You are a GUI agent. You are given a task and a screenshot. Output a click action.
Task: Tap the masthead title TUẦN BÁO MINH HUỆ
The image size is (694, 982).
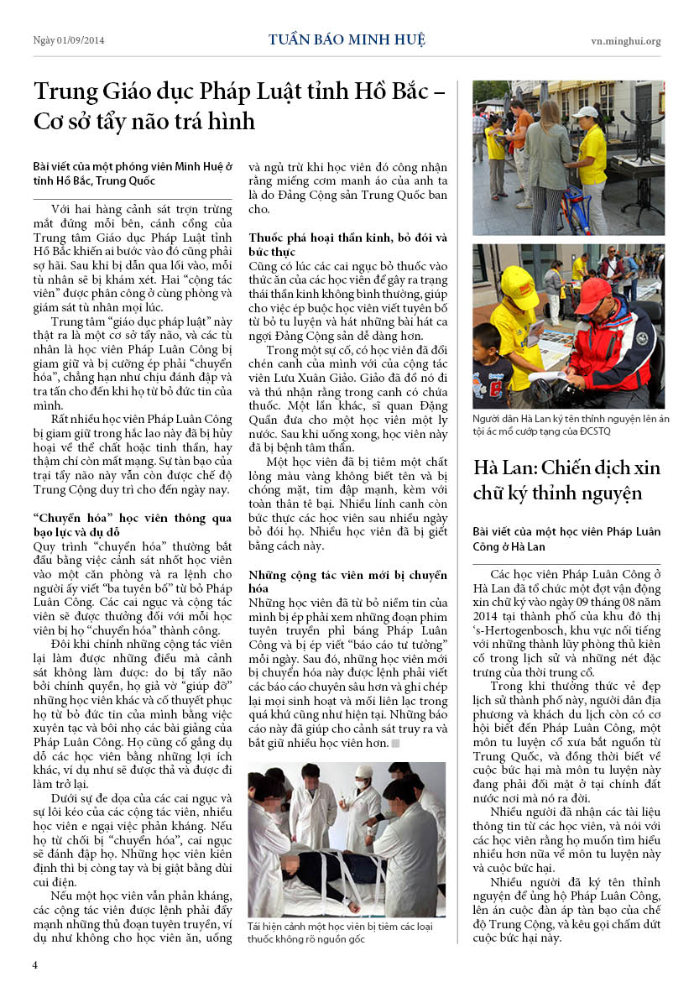pyautogui.click(x=347, y=40)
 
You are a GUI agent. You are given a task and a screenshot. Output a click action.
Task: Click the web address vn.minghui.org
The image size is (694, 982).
pyautogui.click(x=625, y=41)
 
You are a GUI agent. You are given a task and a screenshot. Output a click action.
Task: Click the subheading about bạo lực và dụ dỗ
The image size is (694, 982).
pyautogui.click(x=133, y=525)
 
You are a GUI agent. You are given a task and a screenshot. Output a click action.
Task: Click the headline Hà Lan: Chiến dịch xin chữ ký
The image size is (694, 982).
pyautogui.click(x=568, y=480)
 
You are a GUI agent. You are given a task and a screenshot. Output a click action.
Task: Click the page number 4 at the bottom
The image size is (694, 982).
pyautogui.click(x=35, y=964)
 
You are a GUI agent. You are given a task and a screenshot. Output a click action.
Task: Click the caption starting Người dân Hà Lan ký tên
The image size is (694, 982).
pyautogui.click(x=568, y=424)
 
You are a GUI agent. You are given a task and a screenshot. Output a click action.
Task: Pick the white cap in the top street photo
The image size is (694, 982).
pyautogui.click(x=585, y=112)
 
